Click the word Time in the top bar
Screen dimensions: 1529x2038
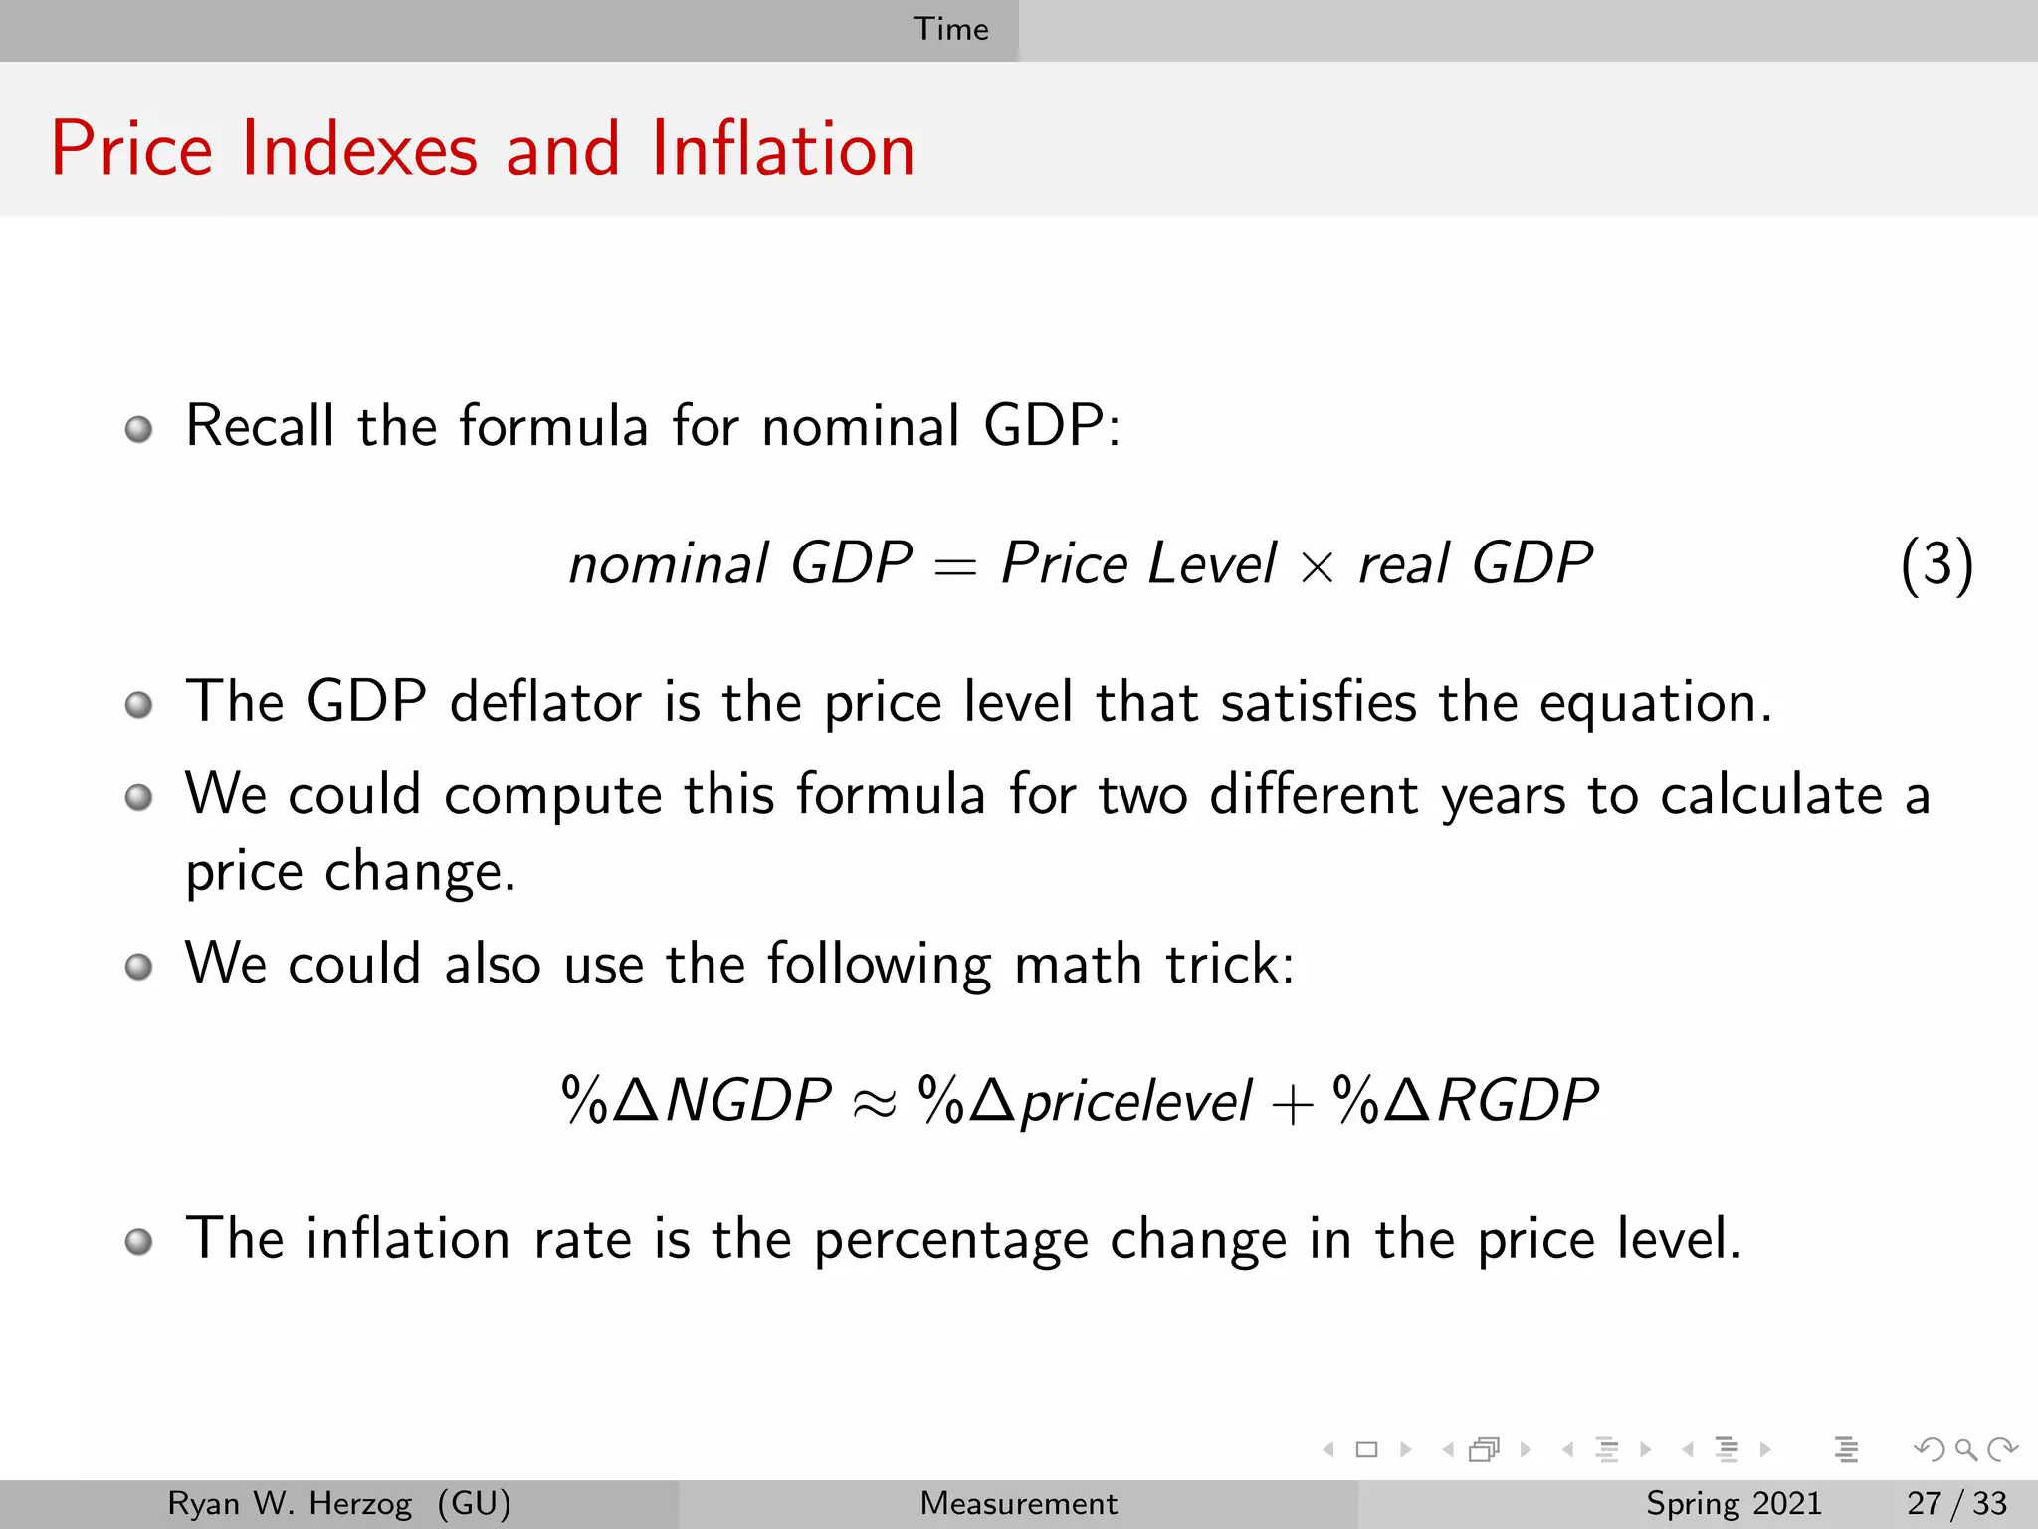[x=950, y=29]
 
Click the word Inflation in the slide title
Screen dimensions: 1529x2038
[x=782, y=149]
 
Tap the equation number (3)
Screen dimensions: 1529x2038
[x=1936, y=564]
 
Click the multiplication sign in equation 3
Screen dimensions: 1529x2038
[x=1317, y=568]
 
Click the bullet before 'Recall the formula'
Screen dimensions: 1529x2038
[x=139, y=430]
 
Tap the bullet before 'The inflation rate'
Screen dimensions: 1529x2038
[x=139, y=1242]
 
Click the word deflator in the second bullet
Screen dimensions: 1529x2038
[x=545, y=702]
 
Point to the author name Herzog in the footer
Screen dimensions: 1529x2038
[x=360, y=1503]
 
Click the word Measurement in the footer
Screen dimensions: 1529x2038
[x=1018, y=1503]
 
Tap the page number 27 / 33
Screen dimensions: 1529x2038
[x=1956, y=1503]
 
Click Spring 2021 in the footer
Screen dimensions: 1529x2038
[x=1733, y=1503]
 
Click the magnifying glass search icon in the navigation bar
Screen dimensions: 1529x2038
[x=1965, y=1449]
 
